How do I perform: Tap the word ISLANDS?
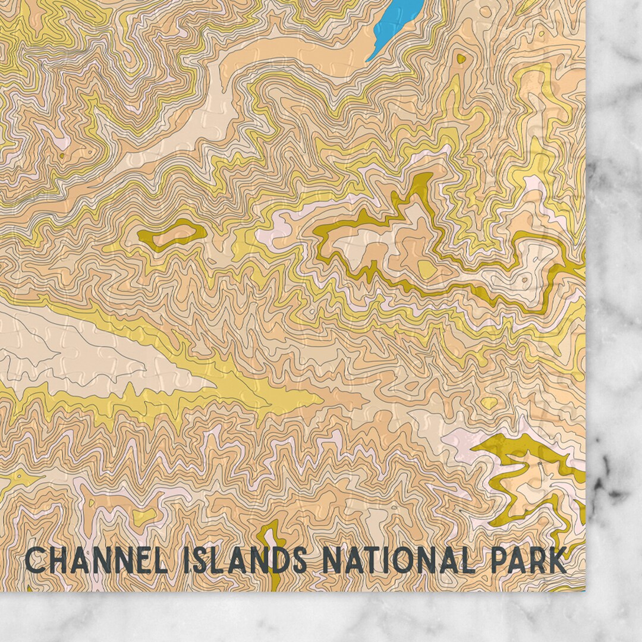[x=248, y=561]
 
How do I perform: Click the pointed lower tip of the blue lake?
[x=368, y=60]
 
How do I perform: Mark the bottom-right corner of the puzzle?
[x=585, y=590]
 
